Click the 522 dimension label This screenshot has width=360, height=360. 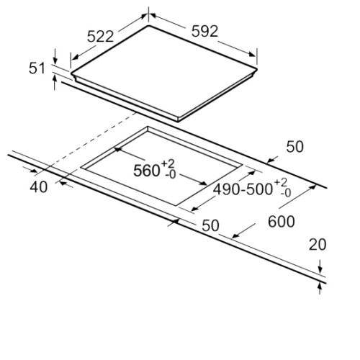100,37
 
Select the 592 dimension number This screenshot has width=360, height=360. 204,31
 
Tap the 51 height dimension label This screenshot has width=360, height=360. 37,68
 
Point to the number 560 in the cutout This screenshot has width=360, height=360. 147,171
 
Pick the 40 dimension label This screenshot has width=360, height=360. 39,187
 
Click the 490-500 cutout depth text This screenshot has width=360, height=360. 243,189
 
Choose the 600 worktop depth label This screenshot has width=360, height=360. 282,221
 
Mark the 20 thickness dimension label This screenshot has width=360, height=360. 318,245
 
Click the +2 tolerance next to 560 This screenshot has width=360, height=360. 168,164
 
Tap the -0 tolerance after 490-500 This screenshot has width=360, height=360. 285,192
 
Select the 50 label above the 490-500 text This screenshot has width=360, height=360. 294,147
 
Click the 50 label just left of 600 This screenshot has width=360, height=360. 210,225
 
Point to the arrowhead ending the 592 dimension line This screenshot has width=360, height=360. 252,54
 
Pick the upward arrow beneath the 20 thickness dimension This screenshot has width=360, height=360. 320,289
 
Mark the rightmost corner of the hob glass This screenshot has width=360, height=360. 257,69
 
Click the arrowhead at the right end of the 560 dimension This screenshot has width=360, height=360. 203,184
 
